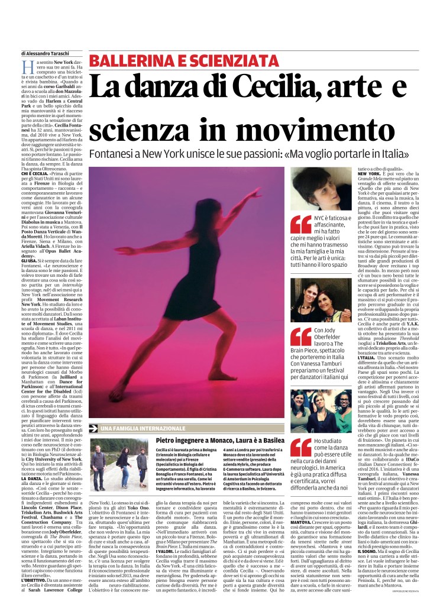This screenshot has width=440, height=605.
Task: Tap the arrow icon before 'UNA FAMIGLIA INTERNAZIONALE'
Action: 93,411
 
